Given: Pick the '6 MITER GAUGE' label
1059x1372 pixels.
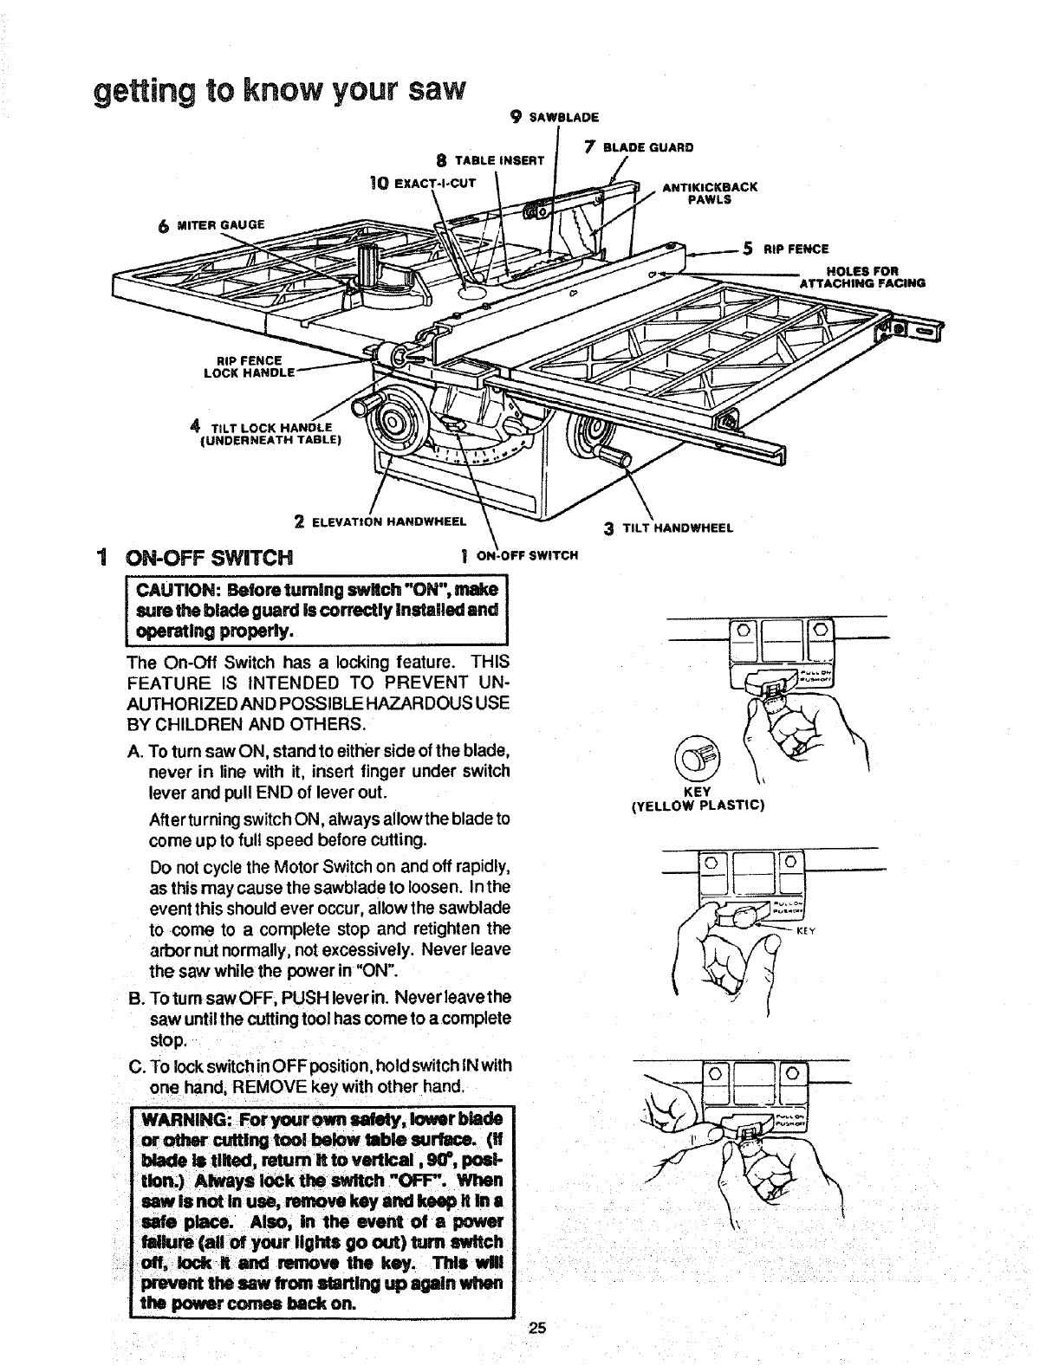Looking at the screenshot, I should (211, 225).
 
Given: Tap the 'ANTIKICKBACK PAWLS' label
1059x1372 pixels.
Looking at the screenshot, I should (710, 192).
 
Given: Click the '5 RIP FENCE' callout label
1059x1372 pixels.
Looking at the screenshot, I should (783, 250).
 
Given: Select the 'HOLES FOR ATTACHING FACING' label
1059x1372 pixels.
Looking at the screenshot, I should (862, 276).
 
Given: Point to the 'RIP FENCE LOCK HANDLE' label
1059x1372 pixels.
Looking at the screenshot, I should (249, 367).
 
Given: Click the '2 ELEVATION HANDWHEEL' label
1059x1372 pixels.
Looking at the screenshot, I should (380, 521).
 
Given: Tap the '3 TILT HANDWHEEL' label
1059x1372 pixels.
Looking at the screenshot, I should (668, 527).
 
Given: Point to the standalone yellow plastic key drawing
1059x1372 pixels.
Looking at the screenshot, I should (701, 752).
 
